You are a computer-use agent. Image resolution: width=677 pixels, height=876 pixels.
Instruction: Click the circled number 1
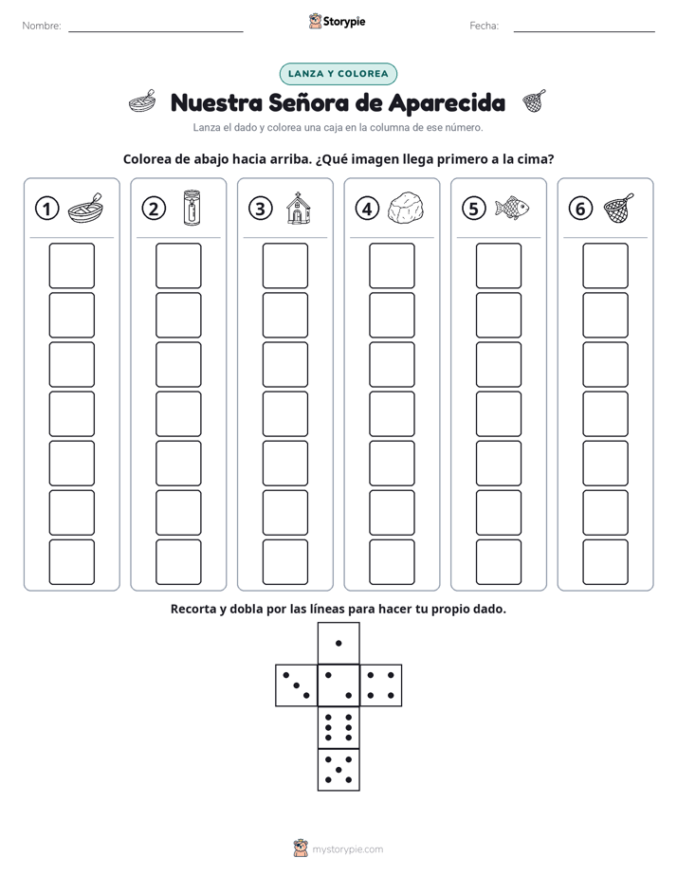tap(46, 209)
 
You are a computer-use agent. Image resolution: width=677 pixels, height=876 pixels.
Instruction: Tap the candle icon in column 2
tap(192, 208)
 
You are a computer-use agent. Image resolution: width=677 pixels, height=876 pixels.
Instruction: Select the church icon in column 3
tap(297, 209)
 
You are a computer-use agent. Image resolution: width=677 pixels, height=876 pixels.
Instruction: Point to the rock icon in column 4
tap(406, 209)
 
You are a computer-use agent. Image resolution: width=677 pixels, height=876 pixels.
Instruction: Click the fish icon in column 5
tap(512, 208)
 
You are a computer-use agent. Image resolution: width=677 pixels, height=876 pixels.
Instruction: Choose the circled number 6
tap(581, 209)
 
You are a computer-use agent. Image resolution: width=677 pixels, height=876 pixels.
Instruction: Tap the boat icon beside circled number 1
tap(86, 209)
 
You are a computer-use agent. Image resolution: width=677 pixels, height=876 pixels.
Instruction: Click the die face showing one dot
tap(338, 644)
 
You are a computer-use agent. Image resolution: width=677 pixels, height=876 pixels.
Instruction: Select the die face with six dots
tap(338, 727)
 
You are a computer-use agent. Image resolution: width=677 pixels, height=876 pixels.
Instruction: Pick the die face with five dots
tap(338, 769)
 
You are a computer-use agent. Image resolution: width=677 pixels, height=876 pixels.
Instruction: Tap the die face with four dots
tap(381, 685)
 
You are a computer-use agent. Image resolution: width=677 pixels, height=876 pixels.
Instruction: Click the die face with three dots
tap(297, 685)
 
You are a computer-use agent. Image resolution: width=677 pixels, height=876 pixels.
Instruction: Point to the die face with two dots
tap(338, 685)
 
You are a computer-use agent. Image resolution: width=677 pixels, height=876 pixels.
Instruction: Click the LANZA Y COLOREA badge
tap(338, 74)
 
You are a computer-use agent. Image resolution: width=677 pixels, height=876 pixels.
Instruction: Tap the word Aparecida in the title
tap(447, 103)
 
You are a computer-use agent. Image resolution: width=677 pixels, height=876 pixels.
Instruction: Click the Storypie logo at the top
tap(338, 22)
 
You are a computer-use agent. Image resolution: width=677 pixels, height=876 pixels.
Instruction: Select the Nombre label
tap(42, 26)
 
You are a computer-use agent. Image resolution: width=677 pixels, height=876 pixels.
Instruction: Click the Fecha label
tap(485, 26)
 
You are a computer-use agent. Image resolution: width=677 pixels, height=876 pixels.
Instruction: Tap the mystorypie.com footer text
tap(347, 849)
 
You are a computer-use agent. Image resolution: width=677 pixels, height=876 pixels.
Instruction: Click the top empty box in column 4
tap(393, 265)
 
